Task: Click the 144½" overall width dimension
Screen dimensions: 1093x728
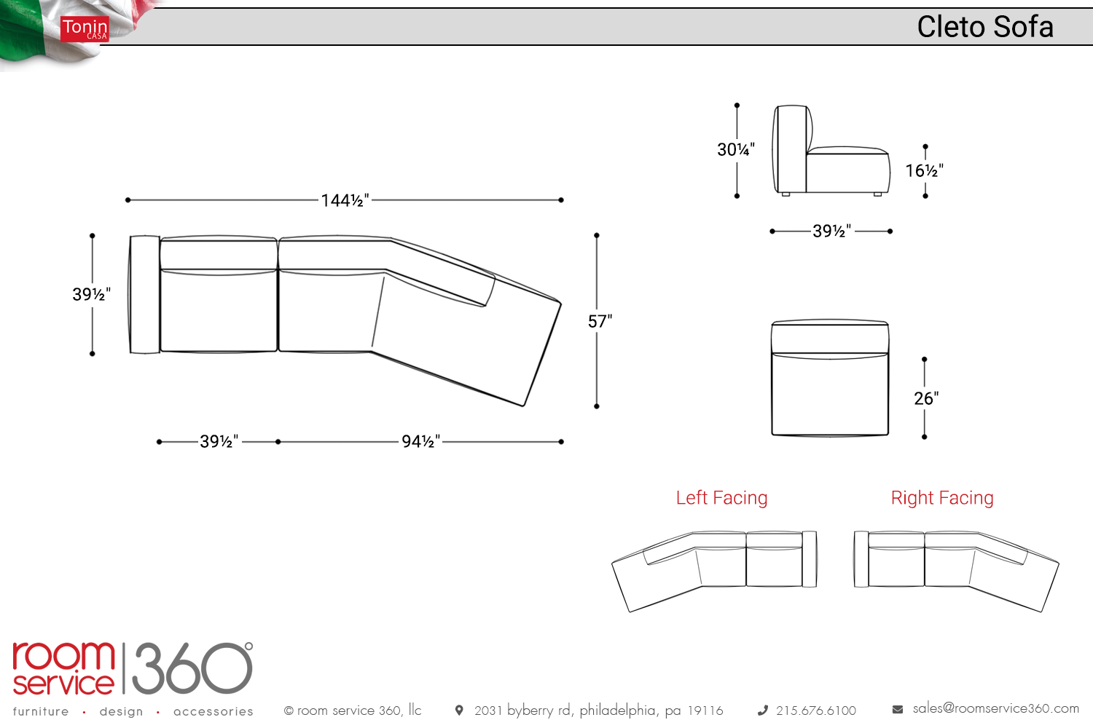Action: (x=345, y=200)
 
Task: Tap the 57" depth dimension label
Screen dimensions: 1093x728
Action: (x=600, y=321)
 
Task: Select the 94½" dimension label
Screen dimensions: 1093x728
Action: (x=420, y=441)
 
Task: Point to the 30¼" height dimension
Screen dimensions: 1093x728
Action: (x=736, y=149)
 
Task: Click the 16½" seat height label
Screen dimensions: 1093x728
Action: (x=925, y=170)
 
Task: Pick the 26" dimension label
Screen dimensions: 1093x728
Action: (x=926, y=398)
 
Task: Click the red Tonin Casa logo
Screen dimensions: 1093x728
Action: (x=85, y=29)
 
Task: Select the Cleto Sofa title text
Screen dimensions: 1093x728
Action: (x=984, y=27)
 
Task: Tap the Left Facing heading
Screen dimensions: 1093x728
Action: (x=721, y=498)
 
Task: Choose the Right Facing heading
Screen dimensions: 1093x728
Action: (x=942, y=498)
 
